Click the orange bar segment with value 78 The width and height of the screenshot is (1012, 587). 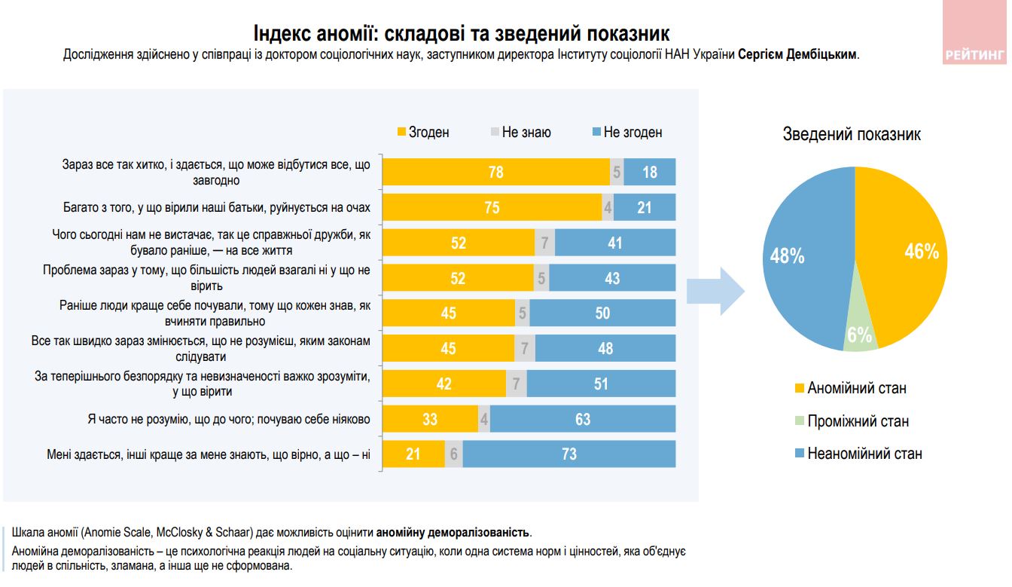pyautogui.click(x=496, y=172)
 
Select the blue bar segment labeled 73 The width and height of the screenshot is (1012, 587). pyautogui.click(x=569, y=454)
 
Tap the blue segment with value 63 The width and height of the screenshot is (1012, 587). pyautogui.click(x=583, y=419)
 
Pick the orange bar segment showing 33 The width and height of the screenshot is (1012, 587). pyautogui.click(x=430, y=419)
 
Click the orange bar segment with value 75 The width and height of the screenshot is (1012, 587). pyautogui.click(x=492, y=207)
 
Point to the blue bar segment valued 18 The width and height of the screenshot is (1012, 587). pyautogui.click(x=650, y=172)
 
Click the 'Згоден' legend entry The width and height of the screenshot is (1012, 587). pyautogui.click(x=423, y=133)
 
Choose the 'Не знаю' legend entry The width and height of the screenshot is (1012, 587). pyautogui.click(x=520, y=133)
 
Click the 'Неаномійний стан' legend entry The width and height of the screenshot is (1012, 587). pyautogui.click(x=858, y=454)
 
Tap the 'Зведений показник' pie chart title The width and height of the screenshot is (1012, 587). pyautogui.click(x=852, y=134)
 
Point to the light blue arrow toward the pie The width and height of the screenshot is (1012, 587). pyautogui.click(x=715, y=290)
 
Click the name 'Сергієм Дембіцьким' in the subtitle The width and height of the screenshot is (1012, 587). pyautogui.click(x=797, y=55)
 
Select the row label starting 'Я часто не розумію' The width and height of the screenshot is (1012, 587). pyautogui.click(x=229, y=419)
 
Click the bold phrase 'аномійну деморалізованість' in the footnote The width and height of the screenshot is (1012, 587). pyautogui.click(x=453, y=533)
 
